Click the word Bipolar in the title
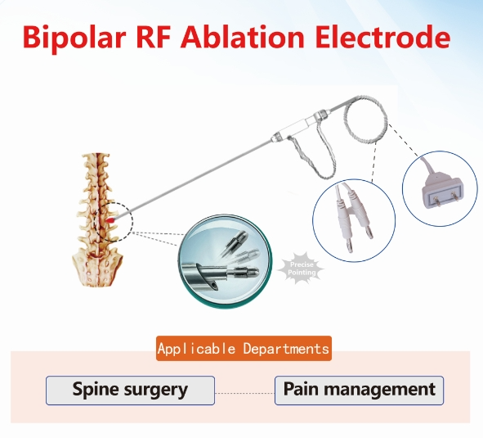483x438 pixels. point(74,38)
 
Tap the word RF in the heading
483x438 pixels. point(154,37)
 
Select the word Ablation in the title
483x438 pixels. point(243,37)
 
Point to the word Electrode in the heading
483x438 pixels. point(382,37)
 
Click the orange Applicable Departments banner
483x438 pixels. point(244,349)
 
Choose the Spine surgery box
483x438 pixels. point(130,391)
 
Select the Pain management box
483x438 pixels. point(359,391)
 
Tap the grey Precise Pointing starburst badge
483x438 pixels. point(302,269)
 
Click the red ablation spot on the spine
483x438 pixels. point(110,220)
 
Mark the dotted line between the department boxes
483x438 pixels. point(244,393)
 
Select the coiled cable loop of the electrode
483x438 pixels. point(365,120)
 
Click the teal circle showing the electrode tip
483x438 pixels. point(226,261)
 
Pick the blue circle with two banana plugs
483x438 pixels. point(354,220)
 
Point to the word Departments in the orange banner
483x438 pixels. point(286,349)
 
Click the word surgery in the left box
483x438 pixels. point(156,391)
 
